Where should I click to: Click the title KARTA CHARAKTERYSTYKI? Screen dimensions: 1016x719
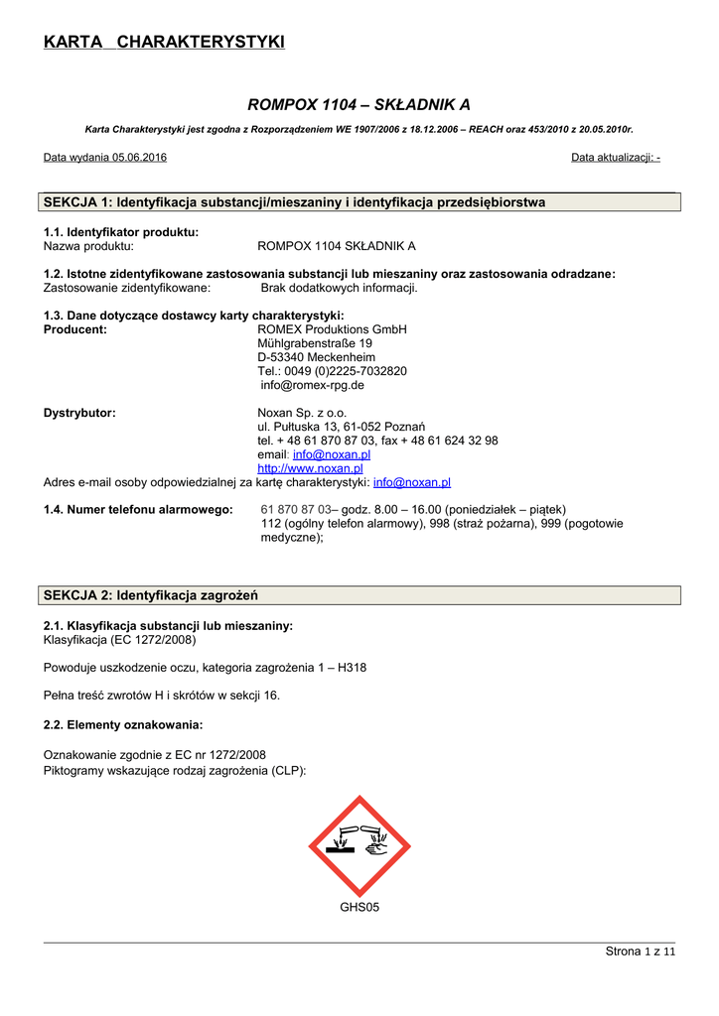164,42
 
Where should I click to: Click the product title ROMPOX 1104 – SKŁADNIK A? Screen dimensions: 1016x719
359,104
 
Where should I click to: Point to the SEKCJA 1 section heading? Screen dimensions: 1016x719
294,202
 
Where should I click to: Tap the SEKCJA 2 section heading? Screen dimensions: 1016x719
151,595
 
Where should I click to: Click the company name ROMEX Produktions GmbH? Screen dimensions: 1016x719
332,329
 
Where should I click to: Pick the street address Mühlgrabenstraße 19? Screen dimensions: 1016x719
315,343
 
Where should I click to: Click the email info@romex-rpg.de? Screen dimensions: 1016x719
312,385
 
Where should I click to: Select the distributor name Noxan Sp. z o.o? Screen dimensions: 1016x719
302,413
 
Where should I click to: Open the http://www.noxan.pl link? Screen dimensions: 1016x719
310,468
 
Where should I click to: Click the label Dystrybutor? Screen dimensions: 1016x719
79,413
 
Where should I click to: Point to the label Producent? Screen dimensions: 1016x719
75,329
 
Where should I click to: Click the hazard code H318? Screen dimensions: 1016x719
351,668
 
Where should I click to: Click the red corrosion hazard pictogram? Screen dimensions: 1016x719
359,846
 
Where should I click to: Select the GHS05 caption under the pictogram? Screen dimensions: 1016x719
359,907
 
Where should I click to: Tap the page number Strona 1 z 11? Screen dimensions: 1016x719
640,952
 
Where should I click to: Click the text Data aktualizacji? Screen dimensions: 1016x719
611,158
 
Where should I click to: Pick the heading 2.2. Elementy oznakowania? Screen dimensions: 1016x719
123,724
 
